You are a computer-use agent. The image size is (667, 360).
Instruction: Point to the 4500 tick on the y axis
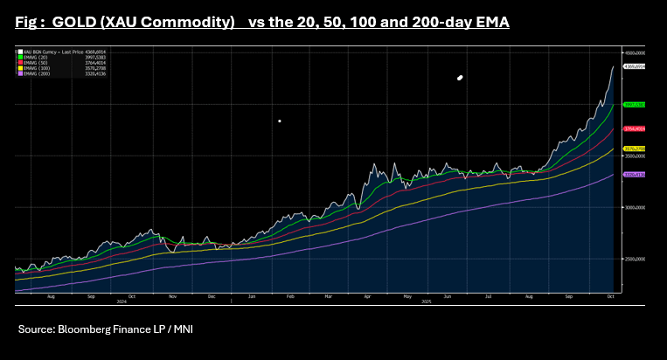click(x=635, y=53)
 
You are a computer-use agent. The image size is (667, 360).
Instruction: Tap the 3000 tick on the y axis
click(x=635, y=208)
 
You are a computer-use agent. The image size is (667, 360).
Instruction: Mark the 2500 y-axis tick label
click(x=635, y=260)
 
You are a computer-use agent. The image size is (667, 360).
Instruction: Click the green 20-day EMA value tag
click(x=634, y=105)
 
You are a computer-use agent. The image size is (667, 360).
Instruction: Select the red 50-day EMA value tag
click(x=634, y=129)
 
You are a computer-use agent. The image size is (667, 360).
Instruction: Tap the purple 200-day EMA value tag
click(x=634, y=175)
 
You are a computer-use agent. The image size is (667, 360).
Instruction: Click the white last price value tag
click(x=634, y=66)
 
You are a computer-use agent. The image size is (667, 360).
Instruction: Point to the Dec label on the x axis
click(x=212, y=296)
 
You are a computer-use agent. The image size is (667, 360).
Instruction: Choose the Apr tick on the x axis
click(x=367, y=296)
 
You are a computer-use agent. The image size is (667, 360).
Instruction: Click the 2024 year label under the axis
click(x=122, y=301)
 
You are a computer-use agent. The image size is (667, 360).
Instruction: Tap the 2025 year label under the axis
click(x=427, y=301)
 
